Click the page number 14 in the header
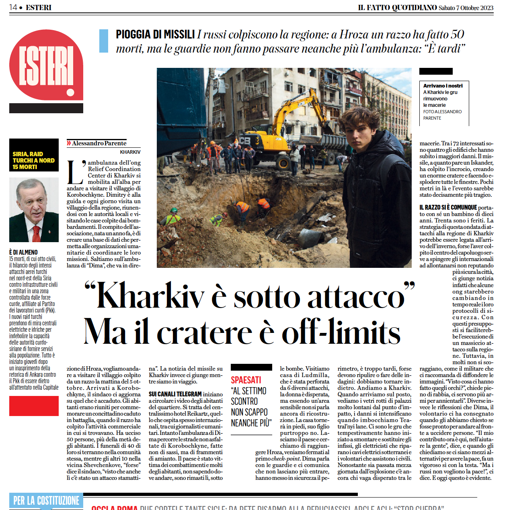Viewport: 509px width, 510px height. click(x=13, y=7)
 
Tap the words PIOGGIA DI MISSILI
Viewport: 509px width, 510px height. click(x=155, y=35)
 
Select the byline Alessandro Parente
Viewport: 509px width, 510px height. click(x=99, y=143)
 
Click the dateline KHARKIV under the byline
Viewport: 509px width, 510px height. click(x=130, y=152)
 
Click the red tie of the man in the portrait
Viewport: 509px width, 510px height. click(x=37, y=233)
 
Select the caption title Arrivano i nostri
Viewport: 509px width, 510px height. click(x=443, y=86)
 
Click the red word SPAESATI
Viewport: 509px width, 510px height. click(x=246, y=380)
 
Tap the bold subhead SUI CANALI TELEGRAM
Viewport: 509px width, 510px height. click(x=175, y=394)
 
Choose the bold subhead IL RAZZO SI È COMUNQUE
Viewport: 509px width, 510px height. click(x=448, y=208)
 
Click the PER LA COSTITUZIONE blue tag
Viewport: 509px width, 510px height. click(x=46, y=500)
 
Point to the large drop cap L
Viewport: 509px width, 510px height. click(x=75, y=172)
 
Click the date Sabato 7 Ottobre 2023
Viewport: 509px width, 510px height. click(x=466, y=8)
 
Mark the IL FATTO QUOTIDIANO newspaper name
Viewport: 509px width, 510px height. click(x=397, y=8)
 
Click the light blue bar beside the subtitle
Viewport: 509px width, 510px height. click(x=104, y=41)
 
